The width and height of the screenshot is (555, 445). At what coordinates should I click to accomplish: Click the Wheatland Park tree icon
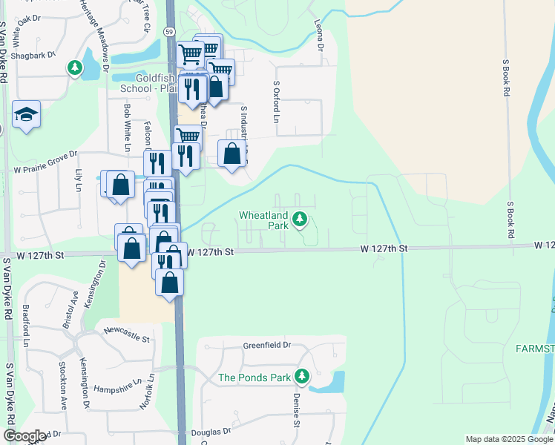(300, 219)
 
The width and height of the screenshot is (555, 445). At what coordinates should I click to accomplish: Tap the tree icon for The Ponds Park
(301, 377)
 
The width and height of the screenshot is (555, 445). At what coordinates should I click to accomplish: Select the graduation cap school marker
(26, 114)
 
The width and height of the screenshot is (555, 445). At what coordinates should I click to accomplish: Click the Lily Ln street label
(78, 179)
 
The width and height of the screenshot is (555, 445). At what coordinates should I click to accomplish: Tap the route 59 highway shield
(169, 32)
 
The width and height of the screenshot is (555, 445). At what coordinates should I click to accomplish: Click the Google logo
(24, 436)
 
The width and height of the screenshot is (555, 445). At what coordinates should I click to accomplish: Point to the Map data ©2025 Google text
(508, 439)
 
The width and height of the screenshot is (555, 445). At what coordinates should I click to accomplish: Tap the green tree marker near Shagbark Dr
(75, 69)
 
